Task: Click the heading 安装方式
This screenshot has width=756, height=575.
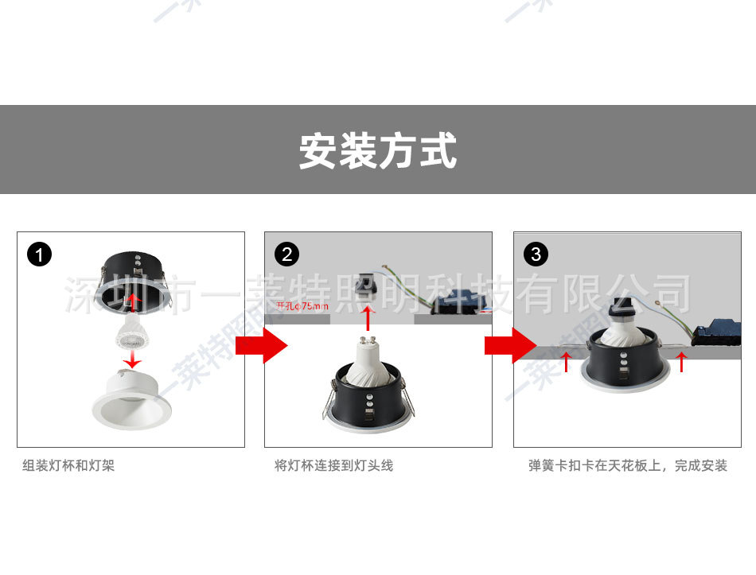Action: click(x=378, y=150)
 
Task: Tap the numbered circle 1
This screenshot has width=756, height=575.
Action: click(x=39, y=254)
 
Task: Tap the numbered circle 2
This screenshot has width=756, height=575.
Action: click(x=286, y=254)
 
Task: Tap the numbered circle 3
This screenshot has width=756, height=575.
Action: click(x=536, y=254)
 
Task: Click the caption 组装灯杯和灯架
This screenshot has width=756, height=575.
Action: click(x=68, y=465)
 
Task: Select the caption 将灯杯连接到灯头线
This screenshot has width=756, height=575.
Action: click(x=334, y=465)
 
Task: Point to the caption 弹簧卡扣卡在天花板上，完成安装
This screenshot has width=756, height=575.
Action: click(x=628, y=465)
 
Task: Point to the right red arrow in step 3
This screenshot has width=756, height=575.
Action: click(x=681, y=362)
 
